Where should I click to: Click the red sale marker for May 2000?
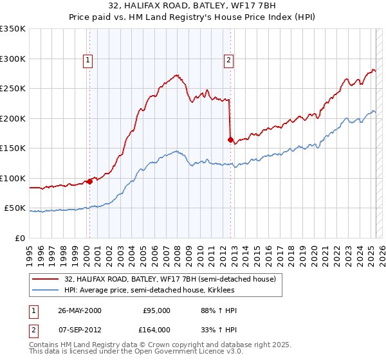click(90, 181)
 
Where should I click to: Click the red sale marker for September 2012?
click(230, 139)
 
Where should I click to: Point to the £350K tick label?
click(13, 29)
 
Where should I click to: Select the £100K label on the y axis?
click(13, 178)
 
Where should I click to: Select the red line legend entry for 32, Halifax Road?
click(170, 279)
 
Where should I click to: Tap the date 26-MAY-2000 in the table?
click(80, 310)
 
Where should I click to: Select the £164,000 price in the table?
click(157, 330)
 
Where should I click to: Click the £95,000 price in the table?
click(157, 310)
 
